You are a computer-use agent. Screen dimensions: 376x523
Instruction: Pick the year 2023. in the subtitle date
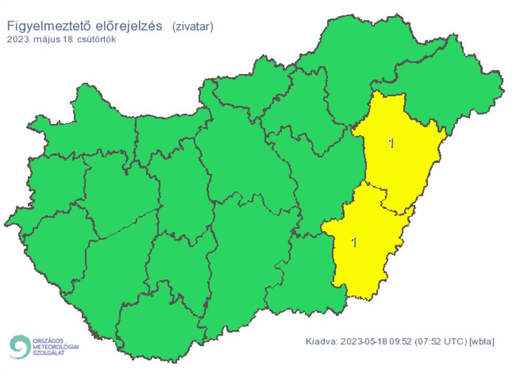(x=19, y=39)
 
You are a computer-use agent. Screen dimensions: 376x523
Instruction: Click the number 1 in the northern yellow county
(x=391, y=143)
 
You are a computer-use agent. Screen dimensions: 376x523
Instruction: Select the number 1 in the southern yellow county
(x=354, y=242)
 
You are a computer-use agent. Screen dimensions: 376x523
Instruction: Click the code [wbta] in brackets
(x=482, y=341)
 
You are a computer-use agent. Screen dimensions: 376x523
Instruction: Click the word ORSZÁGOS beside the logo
(x=47, y=341)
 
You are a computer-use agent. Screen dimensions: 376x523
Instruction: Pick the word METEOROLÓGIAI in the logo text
(x=56, y=346)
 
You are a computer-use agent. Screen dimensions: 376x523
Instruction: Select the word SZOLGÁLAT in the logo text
(x=49, y=352)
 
